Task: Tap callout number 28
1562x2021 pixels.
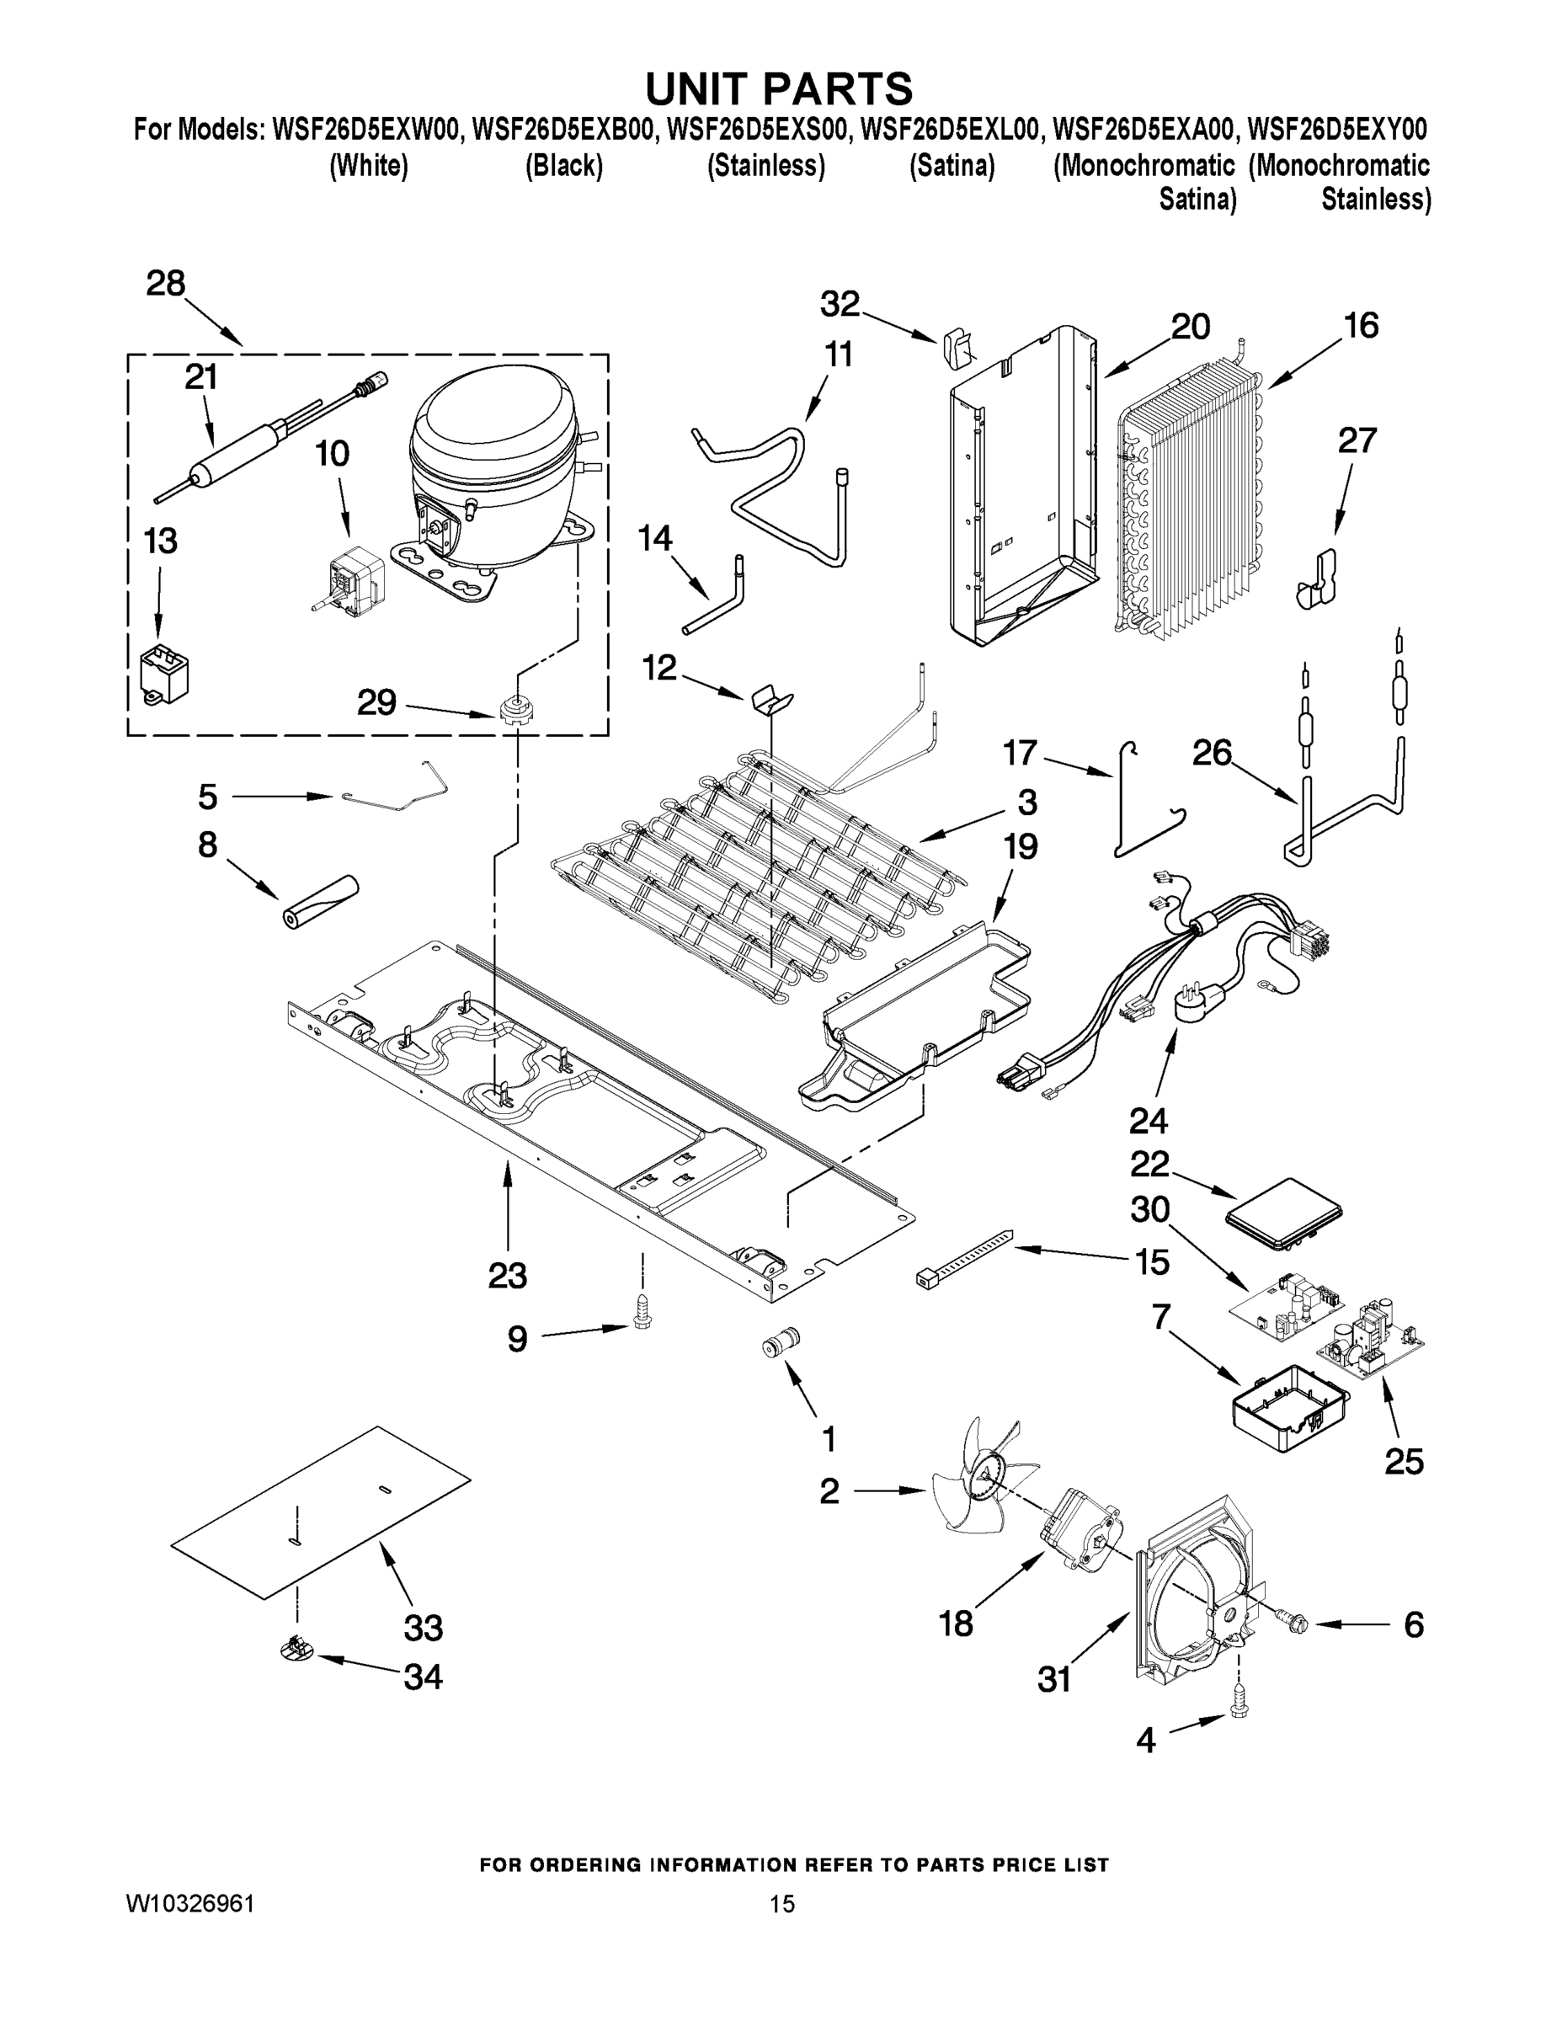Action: [x=166, y=283]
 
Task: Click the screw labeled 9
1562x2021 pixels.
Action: [x=642, y=1315]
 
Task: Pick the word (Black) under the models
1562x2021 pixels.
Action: [x=563, y=167]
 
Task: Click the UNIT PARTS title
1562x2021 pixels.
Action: [x=779, y=88]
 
